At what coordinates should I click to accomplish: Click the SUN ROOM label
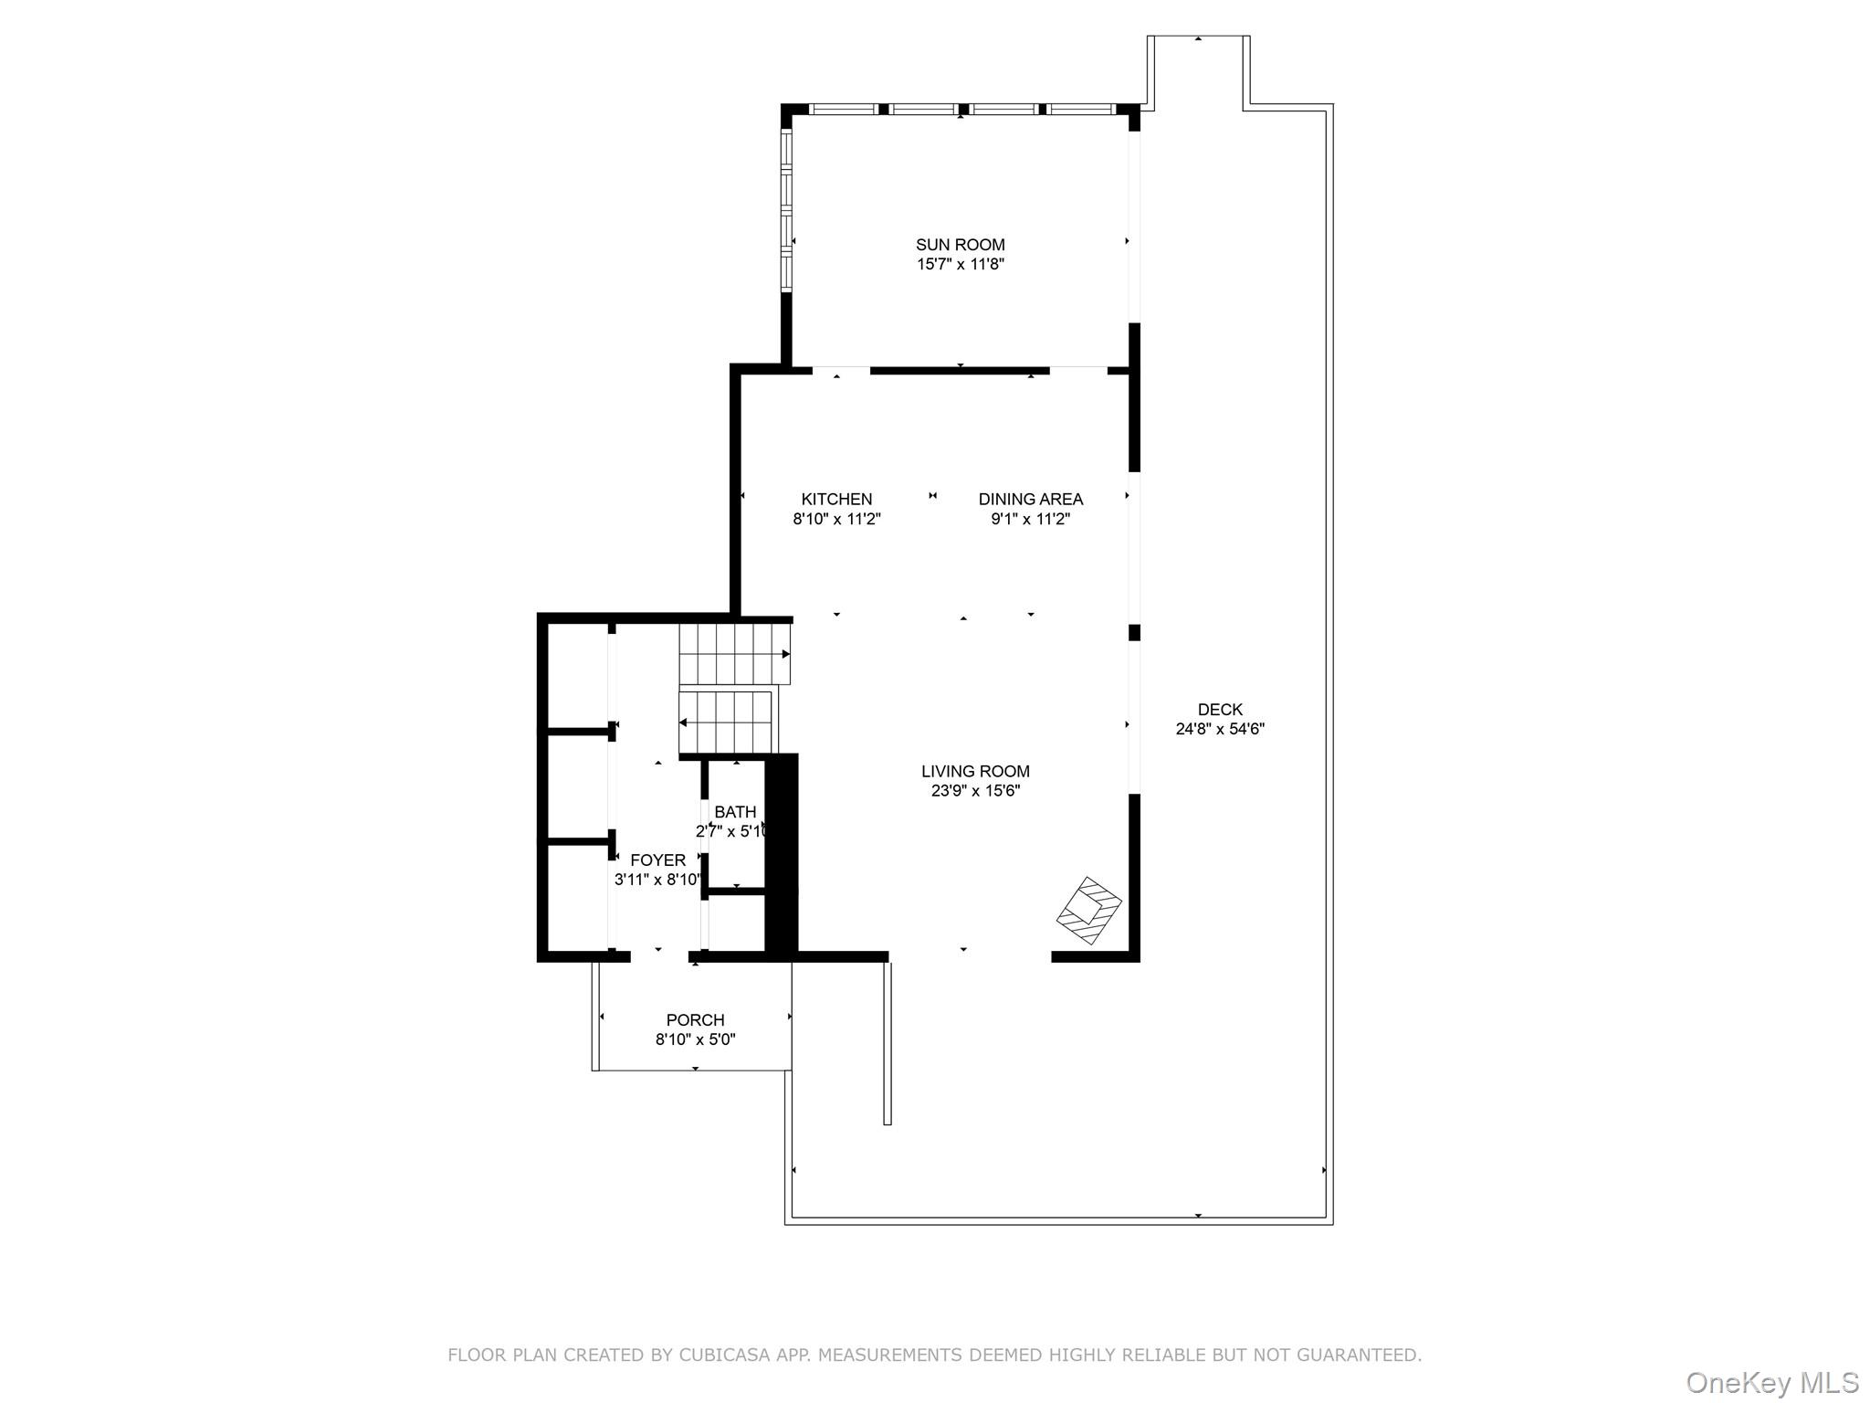click(960, 245)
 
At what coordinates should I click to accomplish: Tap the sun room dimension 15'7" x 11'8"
click(960, 265)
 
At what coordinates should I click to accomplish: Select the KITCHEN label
click(836, 500)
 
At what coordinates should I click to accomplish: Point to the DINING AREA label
click(1030, 500)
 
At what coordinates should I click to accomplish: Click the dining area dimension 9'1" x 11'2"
click(1030, 520)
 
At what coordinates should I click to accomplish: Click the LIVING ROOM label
click(974, 772)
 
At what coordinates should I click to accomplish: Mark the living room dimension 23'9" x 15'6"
click(974, 791)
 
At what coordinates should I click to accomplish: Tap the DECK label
click(1220, 710)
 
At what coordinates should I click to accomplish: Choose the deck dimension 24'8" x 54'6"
click(1220, 729)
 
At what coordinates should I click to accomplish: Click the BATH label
click(734, 812)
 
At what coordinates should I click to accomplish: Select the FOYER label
click(657, 860)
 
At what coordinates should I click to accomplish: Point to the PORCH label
click(695, 1020)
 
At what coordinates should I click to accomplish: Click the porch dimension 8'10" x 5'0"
click(695, 1039)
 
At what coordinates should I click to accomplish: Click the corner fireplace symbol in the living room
click(1089, 911)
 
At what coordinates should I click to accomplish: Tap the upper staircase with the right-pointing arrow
click(734, 653)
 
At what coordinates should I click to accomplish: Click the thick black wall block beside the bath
click(781, 855)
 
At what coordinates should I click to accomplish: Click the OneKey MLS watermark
click(1771, 1383)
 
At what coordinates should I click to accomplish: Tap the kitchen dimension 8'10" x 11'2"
click(836, 520)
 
